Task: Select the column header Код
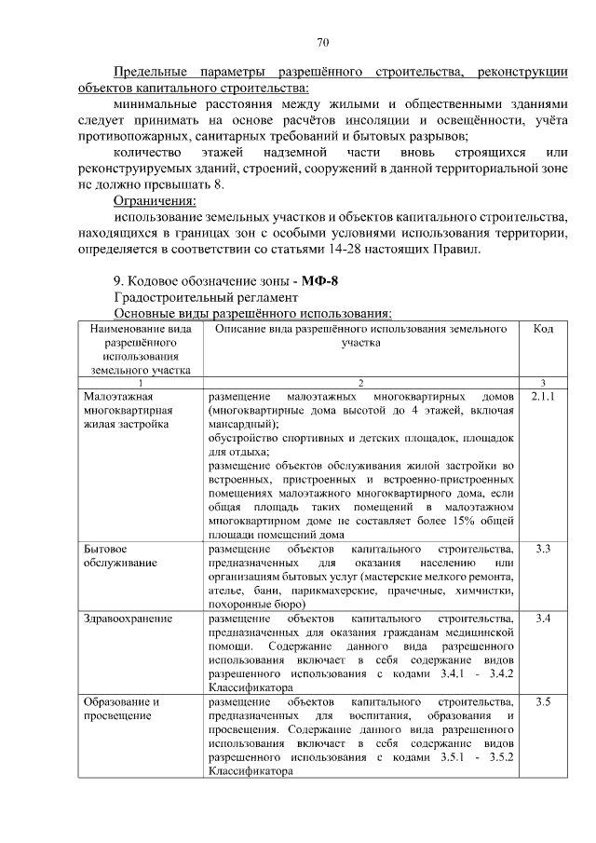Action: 543,329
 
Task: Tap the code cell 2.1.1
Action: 543,396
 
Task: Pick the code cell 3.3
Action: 544,549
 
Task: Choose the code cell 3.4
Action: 544,619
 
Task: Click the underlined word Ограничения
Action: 155,201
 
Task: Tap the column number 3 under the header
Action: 543,382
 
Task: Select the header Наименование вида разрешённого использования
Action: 142,348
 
